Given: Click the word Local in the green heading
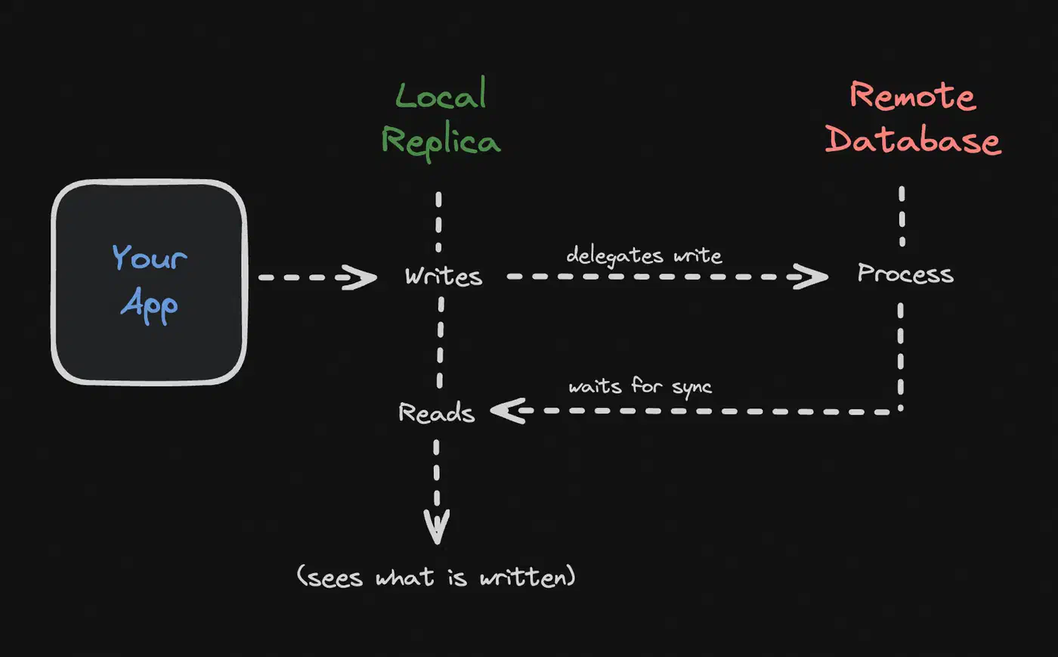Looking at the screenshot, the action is click(441, 93).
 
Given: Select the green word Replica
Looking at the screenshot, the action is click(441, 141).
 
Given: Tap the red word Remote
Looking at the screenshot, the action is click(913, 96).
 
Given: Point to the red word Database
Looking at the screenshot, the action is click(913, 141).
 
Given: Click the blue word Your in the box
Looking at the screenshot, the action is click(150, 257).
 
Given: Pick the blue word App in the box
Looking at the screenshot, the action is click(150, 305).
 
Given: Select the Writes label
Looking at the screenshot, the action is click(444, 277).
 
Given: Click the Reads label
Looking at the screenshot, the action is click(437, 412).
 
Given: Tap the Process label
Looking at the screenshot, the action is click(905, 274).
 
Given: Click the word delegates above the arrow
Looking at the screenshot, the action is click(614, 256).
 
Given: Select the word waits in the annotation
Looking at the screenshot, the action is click(595, 386).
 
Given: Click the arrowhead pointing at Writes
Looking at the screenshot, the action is click(360, 277).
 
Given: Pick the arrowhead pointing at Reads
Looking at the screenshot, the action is click(508, 411).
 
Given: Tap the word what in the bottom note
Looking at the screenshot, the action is click(405, 577).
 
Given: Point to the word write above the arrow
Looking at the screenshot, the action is click(698, 256).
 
